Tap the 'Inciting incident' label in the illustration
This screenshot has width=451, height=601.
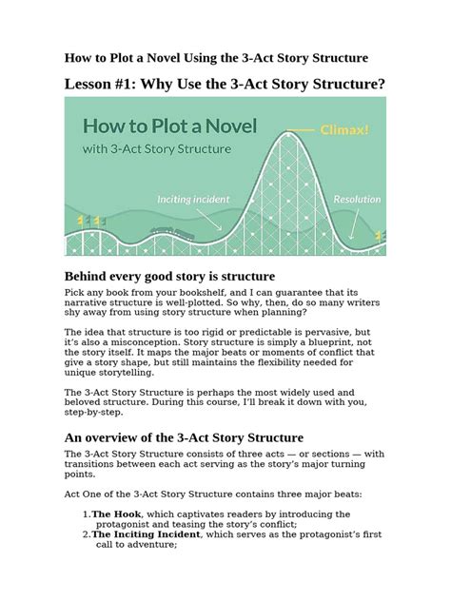pyautogui.click(x=199, y=200)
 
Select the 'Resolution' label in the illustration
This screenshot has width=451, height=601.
pyautogui.click(x=358, y=200)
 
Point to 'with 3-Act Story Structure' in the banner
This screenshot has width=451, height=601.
pyautogui.click(x=157, y=149)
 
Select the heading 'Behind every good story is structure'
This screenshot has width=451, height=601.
pyautogui.click(x=168, y=275)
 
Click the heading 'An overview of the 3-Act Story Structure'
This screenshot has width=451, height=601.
pyautogui.click(x=183, y=436)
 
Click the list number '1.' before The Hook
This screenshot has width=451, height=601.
pyautogui.click(x=86, y=514)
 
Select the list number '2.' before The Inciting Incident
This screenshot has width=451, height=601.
pyautogui.click(x=86, y=534)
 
